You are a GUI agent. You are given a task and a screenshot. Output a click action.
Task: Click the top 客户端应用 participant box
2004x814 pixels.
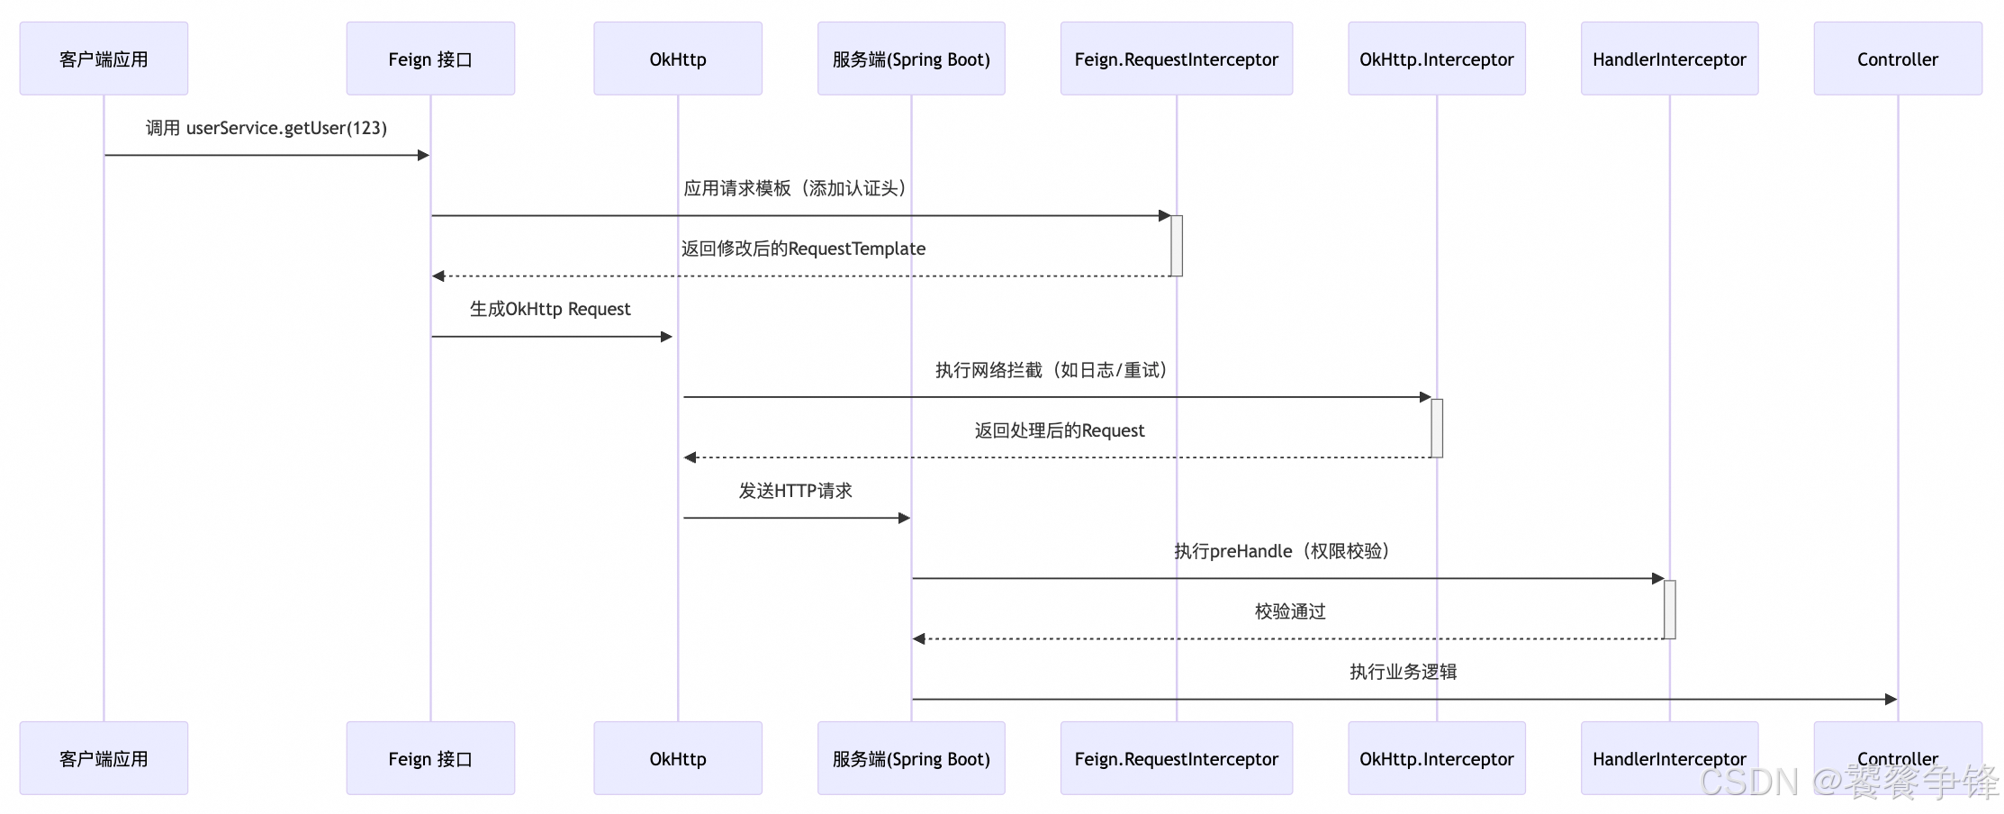click(x=104, y=59)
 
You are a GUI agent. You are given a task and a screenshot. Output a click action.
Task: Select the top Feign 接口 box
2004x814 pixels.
click(x=430, y=59)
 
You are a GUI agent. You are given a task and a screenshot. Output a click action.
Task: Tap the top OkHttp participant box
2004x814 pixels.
click(x=677, y=59)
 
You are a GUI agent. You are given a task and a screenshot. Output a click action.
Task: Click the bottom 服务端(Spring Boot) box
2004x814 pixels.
click(x=910, y=758)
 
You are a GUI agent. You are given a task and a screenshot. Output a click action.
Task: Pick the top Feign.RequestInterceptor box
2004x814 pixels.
click(x=1176, y=59)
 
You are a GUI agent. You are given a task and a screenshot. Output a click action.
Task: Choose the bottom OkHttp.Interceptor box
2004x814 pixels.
click(x=1436, y=758)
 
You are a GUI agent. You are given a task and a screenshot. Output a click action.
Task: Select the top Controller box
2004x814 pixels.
click(x=1897, y=59)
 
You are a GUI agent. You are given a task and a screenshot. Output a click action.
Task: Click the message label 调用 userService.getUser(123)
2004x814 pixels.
click(x=266, y=128)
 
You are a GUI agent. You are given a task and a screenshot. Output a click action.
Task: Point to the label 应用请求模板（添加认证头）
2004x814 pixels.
click(x=794, y=188)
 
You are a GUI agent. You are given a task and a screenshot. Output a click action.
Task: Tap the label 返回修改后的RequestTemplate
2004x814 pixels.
click(x=803, y=249)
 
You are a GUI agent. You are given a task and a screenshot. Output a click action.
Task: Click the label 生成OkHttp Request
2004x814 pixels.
click(x=549, y=309)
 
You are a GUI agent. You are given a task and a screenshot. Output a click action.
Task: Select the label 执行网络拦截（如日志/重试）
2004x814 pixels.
click(x=1051, y=370)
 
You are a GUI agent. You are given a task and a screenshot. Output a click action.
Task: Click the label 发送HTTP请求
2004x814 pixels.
click(x=795, y=491)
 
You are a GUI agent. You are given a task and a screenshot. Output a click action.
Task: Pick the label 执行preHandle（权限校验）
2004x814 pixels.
click(x=1281, y=551)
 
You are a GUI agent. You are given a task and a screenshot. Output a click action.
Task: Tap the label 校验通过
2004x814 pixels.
click(x=1290, y=611)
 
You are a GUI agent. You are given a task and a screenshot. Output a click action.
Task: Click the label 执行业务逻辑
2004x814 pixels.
click(x=1403, y=672)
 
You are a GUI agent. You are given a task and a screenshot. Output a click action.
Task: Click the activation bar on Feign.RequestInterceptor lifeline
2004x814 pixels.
click(x=1176, y=245)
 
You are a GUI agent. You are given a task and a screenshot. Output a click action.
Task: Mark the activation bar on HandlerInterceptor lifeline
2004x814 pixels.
click(x=1669, y=609)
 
